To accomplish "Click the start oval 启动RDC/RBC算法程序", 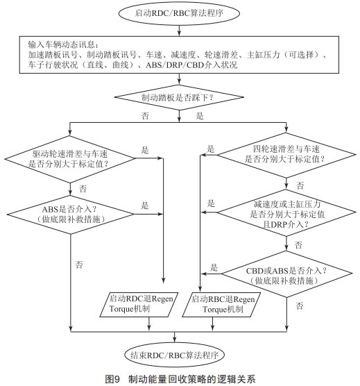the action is (179, 14).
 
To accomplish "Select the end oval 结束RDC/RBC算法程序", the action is (175, 355).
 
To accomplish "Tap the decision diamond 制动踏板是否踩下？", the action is (179, 97).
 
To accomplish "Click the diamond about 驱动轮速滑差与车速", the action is (70, 159).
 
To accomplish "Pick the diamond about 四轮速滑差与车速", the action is (286, 155).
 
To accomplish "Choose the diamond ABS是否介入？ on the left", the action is (70, 215).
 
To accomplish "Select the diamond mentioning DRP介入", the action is (286, 212).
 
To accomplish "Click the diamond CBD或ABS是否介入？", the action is (286, 274).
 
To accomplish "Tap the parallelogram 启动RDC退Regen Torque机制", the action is (139, 305).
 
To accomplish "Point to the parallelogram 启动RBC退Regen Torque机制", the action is (221, 305).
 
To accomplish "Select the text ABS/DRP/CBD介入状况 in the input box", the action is (191, 65).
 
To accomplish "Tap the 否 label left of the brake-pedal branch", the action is (145, 116).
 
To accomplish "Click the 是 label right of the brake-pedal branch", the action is (200, 116).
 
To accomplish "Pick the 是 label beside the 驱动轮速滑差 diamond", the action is (145, 150).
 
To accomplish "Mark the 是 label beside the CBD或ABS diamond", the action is (214, 267).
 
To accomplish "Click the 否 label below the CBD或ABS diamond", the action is (300, 305).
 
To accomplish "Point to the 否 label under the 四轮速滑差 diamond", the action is (300, 185).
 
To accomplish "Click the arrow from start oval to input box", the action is (179, 31).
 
